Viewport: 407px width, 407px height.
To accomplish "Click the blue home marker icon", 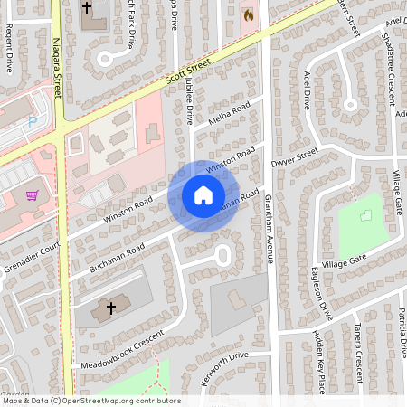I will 203,195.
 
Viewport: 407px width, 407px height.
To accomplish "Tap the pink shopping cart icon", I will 33,194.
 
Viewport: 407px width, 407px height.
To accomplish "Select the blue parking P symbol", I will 33,120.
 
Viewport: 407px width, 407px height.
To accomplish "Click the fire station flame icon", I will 248,14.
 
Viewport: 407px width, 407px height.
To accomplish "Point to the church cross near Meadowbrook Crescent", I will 111,308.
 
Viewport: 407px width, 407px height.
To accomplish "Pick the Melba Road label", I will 228,116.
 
